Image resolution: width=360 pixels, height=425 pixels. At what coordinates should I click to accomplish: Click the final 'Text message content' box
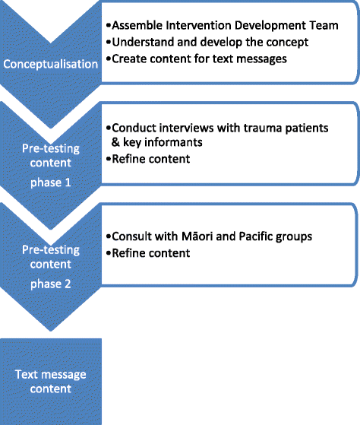coord(49,381)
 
